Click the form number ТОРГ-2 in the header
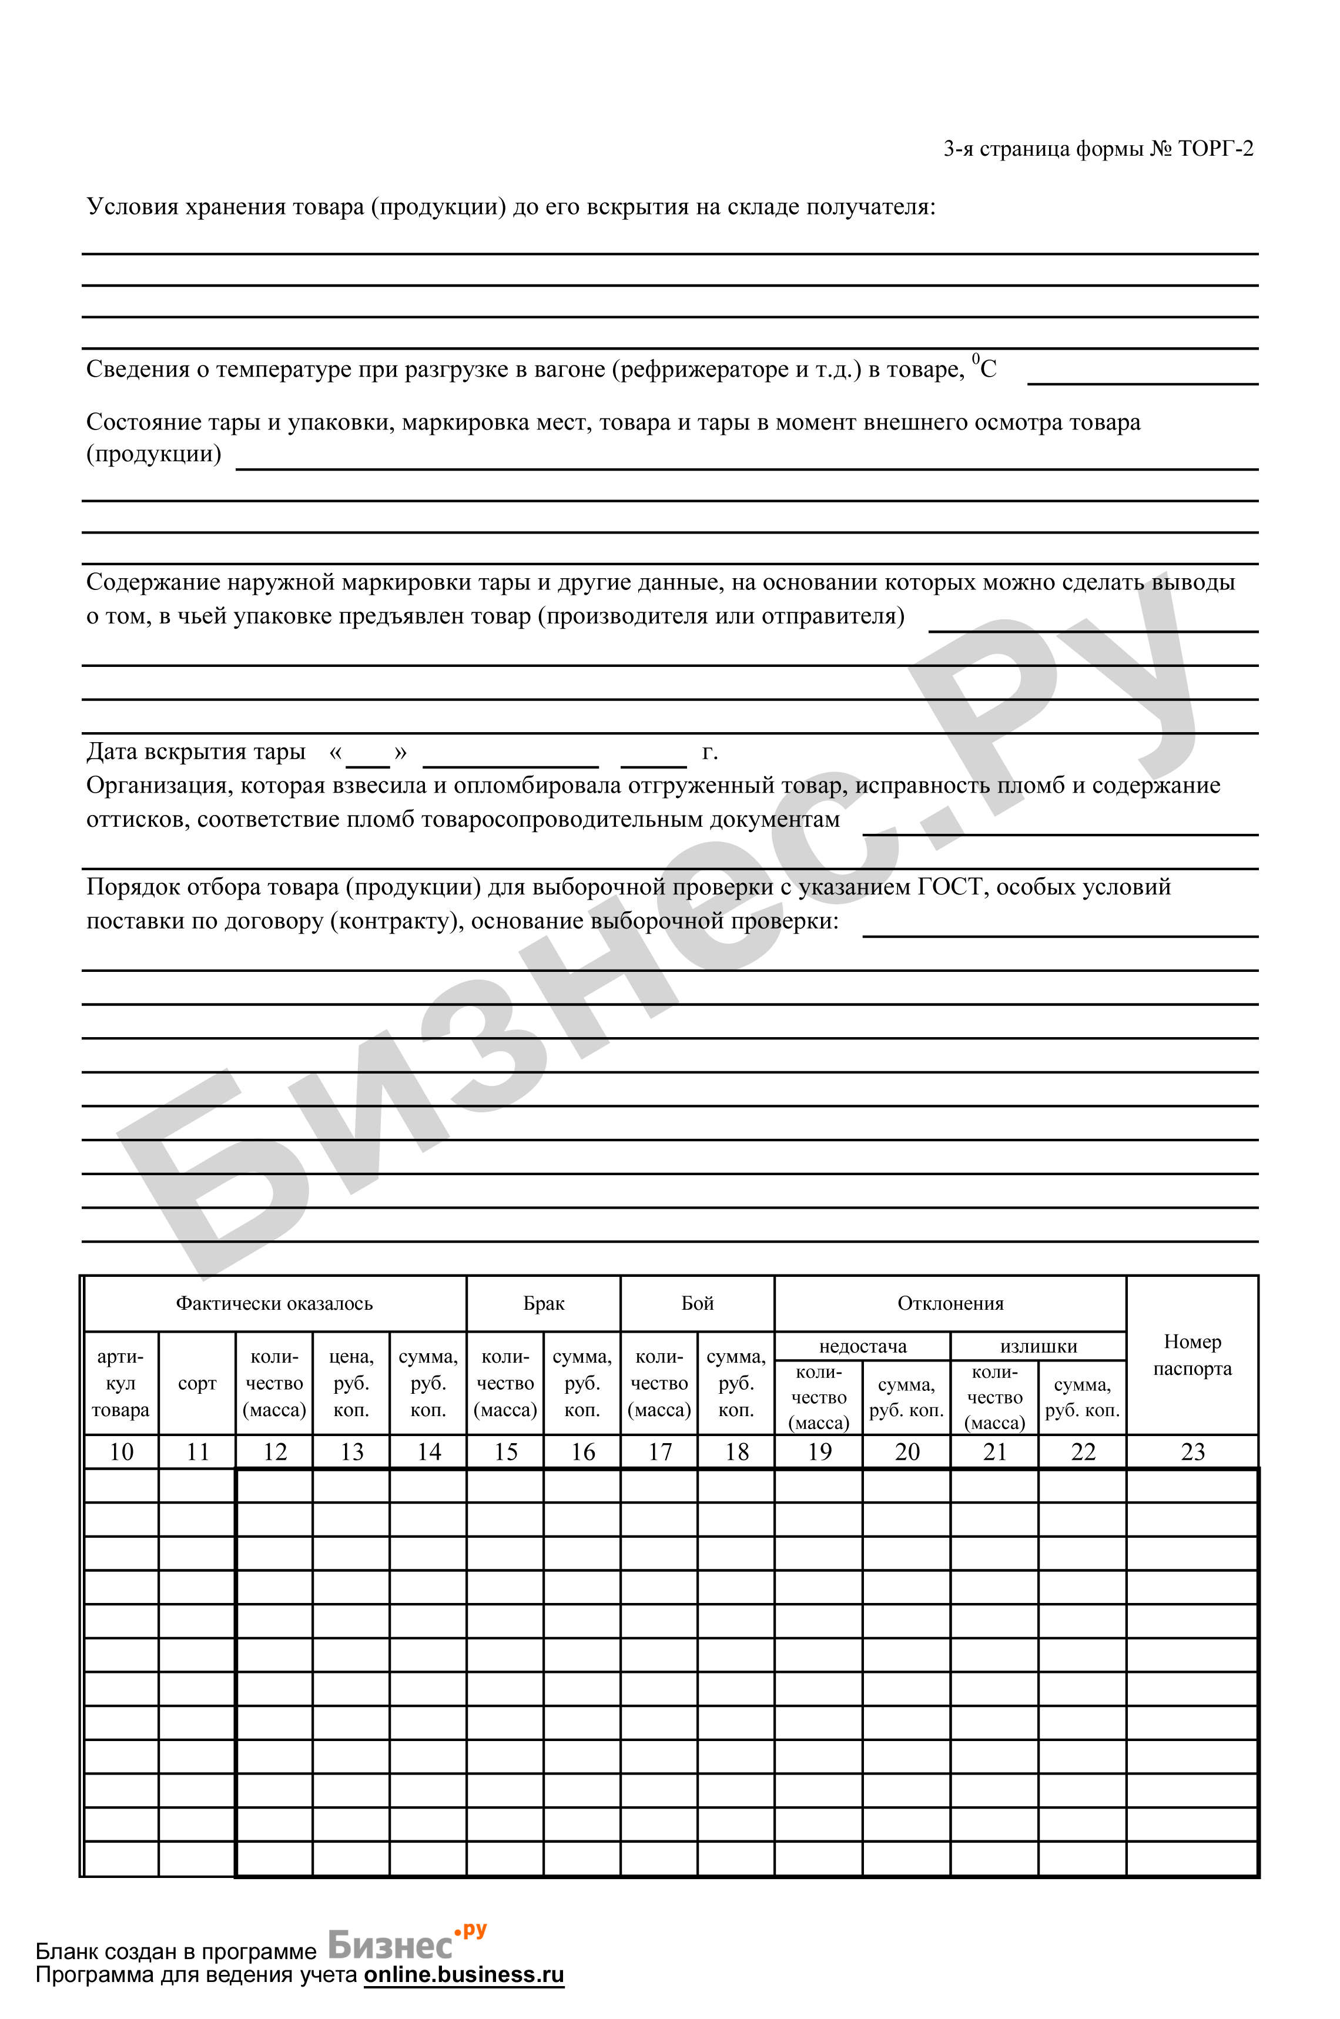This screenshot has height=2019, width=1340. click(x=1215, y=149)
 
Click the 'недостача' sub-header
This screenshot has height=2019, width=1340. click(x=862, y=1347)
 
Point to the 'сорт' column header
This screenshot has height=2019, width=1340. click(x=197, y=1383)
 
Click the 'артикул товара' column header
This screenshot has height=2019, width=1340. click(x=120, y=1383)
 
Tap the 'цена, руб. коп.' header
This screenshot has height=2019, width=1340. click(x=351, y=1383)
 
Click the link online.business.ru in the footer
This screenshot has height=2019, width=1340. click(x=464, y=1974)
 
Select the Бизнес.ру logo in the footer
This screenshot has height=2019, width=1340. click(x=406, y=1944)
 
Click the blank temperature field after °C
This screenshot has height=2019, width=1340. click(x=1143, y=373)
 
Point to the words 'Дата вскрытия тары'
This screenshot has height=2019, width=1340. click(x=196, y=752)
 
